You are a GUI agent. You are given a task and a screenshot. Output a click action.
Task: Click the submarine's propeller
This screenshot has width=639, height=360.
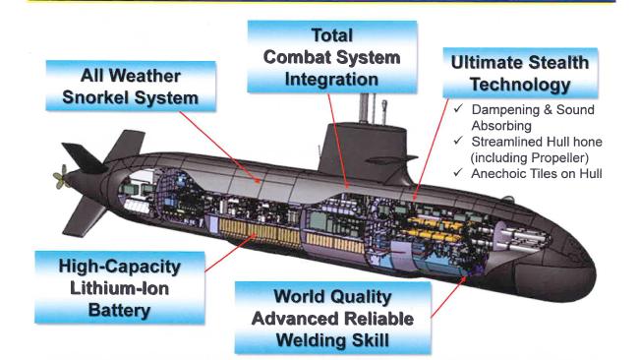click(61, 180)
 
